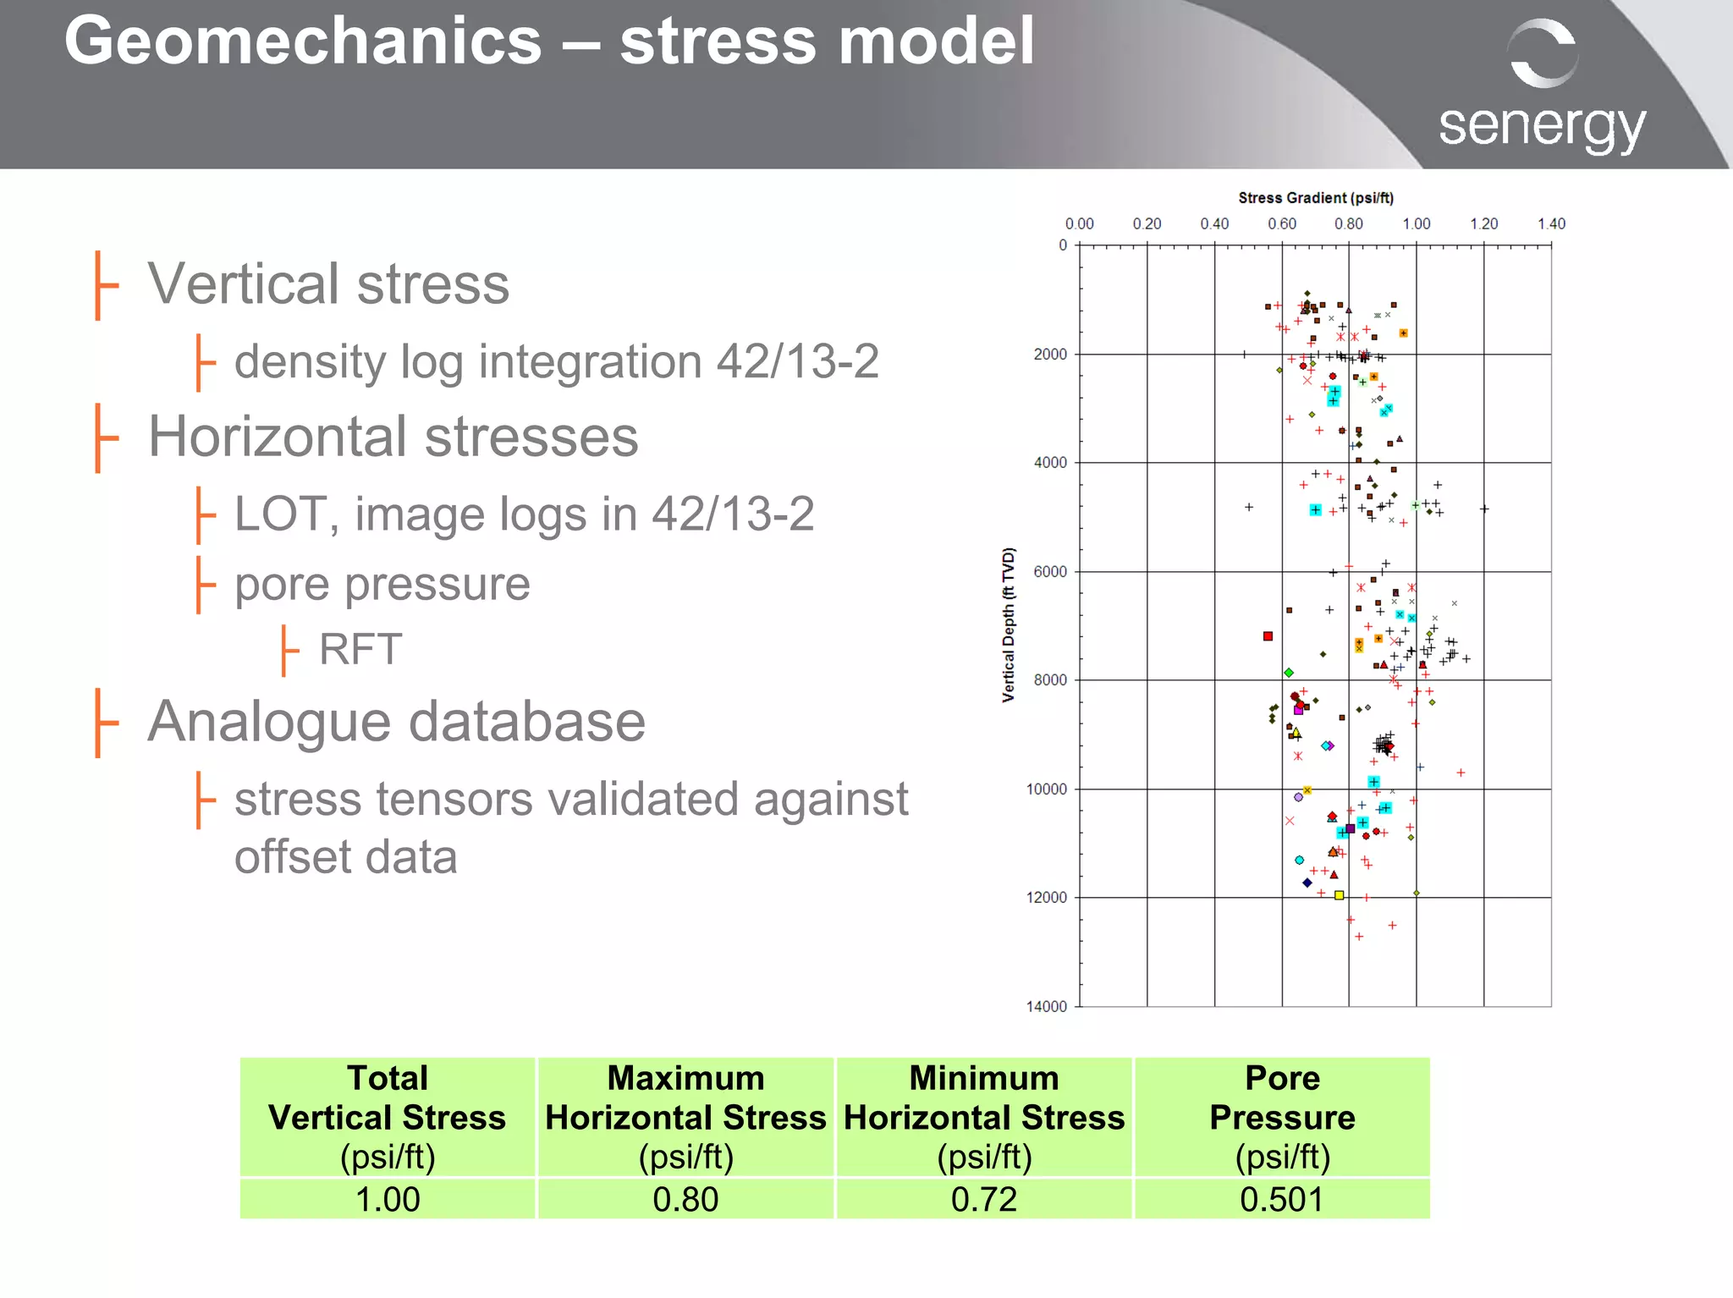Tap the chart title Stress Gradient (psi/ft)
[1316, 198]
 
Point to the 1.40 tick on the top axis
[1551, 224]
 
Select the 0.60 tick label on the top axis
[1282, 224]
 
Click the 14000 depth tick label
[1047, 1006]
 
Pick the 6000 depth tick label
[1050, 572]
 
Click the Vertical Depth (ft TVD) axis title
[1009, 624]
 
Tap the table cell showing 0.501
[1282, 1199]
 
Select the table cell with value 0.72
[983, 1199]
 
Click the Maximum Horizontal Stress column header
[685, 1117]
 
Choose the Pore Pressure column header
[1282, 1117]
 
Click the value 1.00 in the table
[388, 1199]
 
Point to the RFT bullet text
[360, 650]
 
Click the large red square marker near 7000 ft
[1268, 636]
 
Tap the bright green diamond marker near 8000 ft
[1289, 673]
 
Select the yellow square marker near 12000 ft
[1339, 895]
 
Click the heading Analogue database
[396, 722]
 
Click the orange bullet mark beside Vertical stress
[104, 285]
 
